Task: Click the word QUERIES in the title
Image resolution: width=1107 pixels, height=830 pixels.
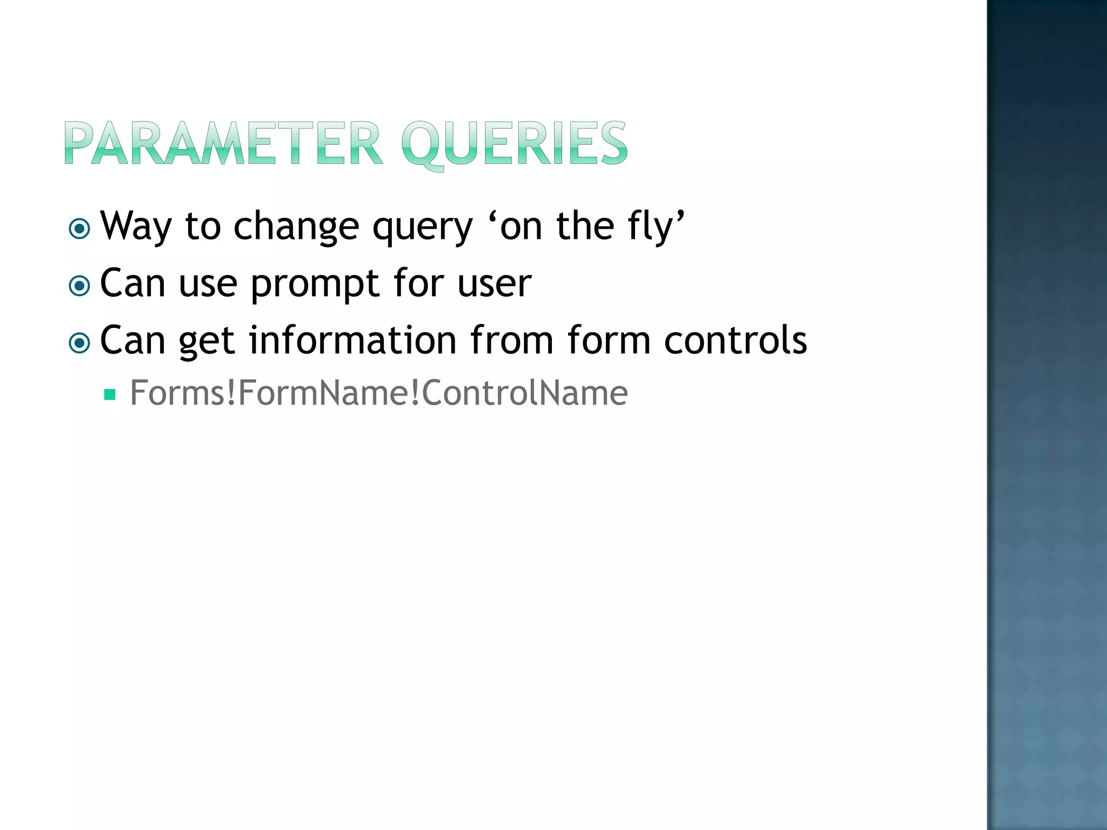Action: (514, 144)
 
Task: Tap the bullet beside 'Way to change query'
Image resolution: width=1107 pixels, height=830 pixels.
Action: (79, 229)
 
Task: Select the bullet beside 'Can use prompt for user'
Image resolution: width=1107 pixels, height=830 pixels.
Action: (79, 286)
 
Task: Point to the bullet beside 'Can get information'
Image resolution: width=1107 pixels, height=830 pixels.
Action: (79, 343)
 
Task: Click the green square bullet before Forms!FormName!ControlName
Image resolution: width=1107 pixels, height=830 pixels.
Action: (110, 394)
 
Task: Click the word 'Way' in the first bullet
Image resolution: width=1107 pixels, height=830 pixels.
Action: (136, 226)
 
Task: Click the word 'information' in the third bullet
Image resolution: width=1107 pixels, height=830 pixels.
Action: (352, 340)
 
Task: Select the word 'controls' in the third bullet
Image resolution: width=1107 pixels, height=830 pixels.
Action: (735, 340)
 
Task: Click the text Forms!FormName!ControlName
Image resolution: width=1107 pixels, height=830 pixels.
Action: (378, 393)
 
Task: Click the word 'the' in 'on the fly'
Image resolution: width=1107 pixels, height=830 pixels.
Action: (585, 226)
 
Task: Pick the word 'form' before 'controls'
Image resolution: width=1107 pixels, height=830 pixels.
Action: (609, 340)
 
